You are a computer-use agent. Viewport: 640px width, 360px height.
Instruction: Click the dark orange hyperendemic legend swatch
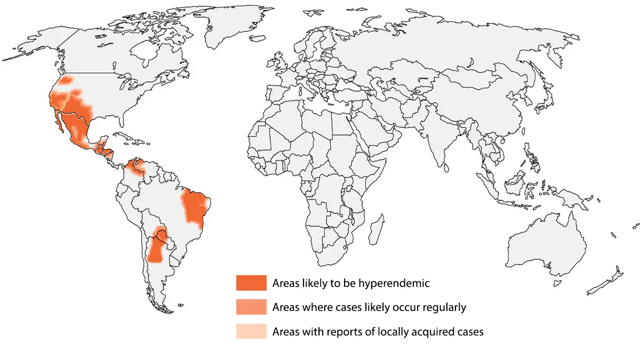(x=251, y=283)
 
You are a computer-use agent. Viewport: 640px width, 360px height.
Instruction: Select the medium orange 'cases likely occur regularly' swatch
(x=251, y=307)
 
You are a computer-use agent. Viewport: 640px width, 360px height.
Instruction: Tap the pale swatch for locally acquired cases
(x=251, y=331)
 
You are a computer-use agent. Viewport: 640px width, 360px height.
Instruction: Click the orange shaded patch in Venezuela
(x=135, y=168)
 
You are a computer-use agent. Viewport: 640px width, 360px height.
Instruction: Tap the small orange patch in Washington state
(x=66, y=80)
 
